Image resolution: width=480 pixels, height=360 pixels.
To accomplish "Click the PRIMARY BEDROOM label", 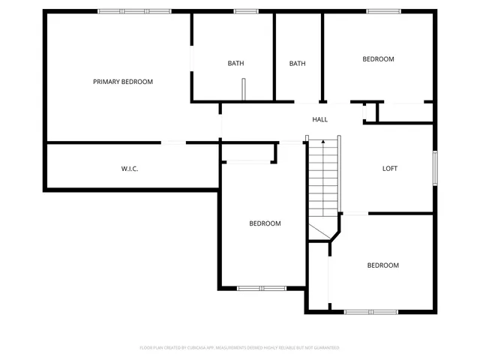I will pos(123,82).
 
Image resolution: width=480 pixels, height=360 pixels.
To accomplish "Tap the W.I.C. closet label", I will pos(130,169).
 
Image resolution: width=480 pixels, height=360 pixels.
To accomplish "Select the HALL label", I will pos(320,119).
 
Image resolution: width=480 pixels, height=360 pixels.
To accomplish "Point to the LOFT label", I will pos(390,168).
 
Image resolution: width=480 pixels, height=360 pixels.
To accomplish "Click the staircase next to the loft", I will pos(323,180).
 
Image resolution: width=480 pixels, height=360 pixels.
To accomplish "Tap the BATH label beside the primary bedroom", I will pos(236,64).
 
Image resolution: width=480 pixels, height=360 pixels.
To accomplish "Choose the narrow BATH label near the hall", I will pos(298,64).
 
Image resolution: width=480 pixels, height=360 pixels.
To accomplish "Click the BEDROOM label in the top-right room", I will pos(378,59).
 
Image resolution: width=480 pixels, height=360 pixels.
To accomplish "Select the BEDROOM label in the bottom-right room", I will pos(382,265).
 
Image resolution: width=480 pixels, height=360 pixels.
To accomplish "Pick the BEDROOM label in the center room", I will pos(265,223).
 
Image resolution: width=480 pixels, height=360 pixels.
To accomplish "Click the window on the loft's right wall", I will pos(434,168).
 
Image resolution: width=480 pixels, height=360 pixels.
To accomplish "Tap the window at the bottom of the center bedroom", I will pos(261,288).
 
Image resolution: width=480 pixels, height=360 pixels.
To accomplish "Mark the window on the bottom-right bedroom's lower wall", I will pos(370,311).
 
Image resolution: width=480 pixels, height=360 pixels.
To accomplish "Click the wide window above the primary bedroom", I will pos(123,11).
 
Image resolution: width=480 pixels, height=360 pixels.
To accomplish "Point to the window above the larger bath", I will pos(245,11).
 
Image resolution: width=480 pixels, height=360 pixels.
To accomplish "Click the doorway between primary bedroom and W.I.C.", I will pos(173,142).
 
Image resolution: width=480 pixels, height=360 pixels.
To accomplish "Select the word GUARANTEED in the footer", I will pos(324,348).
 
